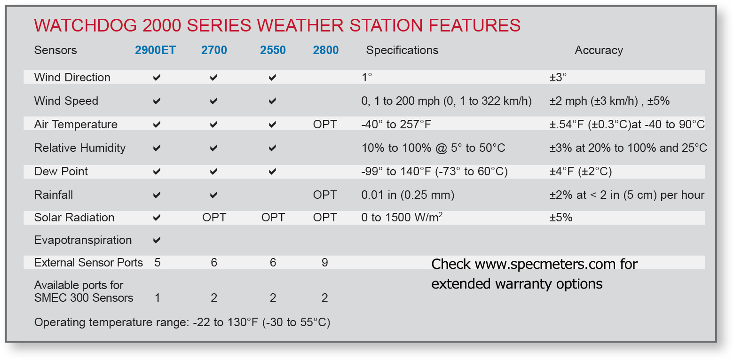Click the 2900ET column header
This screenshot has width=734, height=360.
pos(155,50)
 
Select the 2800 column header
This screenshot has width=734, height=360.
pos(326,50)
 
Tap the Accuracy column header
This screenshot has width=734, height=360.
pos(599,50)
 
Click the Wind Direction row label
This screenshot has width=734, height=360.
pos(72,78)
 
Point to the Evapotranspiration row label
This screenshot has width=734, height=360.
pos(83,240)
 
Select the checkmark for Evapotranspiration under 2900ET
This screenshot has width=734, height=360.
pos(157,240)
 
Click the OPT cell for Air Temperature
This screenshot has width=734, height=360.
pos(325,125)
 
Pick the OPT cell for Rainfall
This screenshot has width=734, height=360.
pos(325,195)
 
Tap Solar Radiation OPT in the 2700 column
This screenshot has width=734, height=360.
pos(214,218)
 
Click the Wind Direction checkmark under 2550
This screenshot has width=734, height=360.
pos(273,78)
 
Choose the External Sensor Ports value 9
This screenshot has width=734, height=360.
pos(325,263)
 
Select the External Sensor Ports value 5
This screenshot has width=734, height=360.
pos(158,263)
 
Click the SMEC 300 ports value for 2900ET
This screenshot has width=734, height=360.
pos(158,298)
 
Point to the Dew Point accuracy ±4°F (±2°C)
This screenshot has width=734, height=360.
pos(581,172)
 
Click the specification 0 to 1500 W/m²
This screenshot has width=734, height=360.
pos(402,218)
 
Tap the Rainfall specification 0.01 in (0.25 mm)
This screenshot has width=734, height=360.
pos(408,195)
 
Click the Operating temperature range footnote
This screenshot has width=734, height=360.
pos(182,323)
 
